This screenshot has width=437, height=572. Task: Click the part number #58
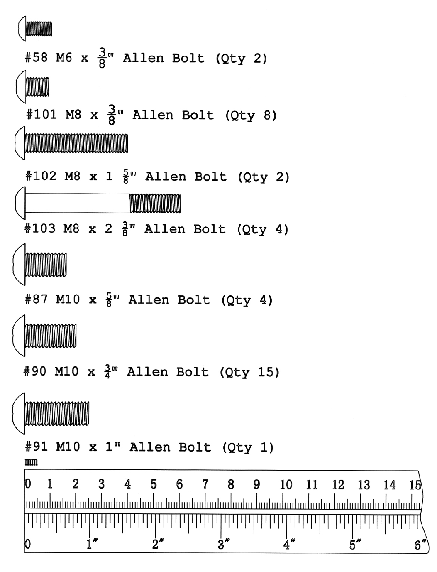[37, 58]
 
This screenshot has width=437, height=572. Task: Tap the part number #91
[37, 447]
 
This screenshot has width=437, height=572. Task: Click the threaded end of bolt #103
[155, 204]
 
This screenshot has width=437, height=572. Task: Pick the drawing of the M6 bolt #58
[35, 29]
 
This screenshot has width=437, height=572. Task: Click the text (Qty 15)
[249, 372]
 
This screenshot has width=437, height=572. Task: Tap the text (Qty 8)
[251, 115]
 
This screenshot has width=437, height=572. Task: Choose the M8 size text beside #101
[73, 115]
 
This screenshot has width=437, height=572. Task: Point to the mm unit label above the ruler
[31, 462]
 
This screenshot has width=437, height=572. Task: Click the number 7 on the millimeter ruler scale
[205, 484]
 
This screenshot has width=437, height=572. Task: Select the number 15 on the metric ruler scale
[415, 485]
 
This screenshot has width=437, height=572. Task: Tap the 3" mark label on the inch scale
[221, 545]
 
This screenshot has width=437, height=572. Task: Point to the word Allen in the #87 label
[148, 300]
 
